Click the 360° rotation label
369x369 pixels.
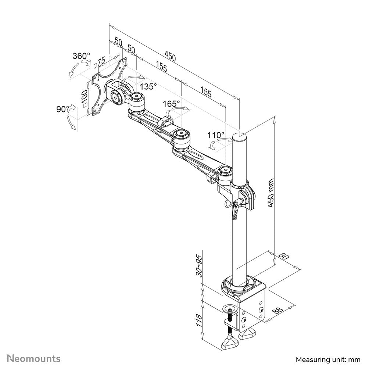(x=81, y=56)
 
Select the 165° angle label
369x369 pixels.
(x=172, y=104)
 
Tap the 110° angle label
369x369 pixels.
(x=216, y=135)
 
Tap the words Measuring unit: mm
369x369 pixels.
(x=328, y=359)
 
